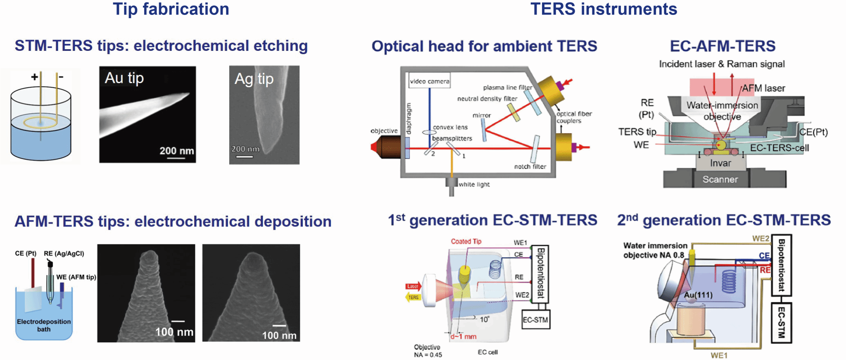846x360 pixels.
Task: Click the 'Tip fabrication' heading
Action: pos(171,9)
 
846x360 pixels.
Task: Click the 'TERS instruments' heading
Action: pos(604,9)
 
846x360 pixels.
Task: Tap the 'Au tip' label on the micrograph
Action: pos(124,78)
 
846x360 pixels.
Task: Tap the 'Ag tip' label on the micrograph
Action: pos(254,79)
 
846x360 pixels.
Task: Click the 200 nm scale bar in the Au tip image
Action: pos(177,157)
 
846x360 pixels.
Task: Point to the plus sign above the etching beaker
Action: pos(35,76)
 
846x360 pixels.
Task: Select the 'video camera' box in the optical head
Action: pos(429,81)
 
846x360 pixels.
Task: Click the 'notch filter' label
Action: pos(530,167)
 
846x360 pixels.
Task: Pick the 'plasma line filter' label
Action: pos(507,87)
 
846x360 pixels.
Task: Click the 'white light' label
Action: pos(474,184)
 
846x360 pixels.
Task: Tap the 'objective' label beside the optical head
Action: pos(384,131)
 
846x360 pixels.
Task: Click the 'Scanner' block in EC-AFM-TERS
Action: pos(720,179)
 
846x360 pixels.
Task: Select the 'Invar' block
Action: pos(720,163)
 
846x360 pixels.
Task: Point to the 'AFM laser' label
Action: pos(763,88)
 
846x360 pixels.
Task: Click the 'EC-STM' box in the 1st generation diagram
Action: pos(535,319)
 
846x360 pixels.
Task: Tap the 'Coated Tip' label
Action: pos(466,241)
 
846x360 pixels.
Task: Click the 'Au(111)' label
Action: pos(698,295)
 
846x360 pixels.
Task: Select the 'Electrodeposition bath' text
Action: pos(44,325)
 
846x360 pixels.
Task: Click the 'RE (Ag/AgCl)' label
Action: pos(64,253)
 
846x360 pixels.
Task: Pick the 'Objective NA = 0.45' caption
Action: pos(428,351)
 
